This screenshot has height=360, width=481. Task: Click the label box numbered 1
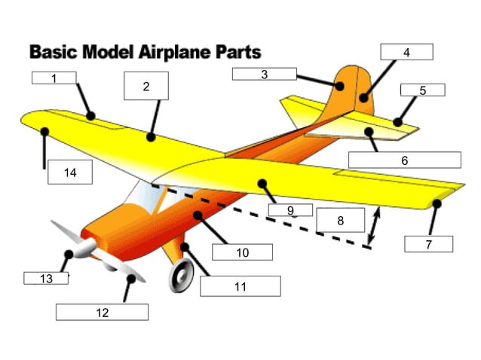coord(54,78)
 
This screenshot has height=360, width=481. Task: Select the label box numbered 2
coord(146,86)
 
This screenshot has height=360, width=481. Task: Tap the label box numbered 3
coord(264,74)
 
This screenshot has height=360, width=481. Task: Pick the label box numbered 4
coord(406,52)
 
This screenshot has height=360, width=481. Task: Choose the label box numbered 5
coord(422,90)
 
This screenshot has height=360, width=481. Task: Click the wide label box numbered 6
coord(404,160)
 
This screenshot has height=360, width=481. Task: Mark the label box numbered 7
coord(428,244)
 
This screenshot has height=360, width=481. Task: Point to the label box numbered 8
coord(340,221)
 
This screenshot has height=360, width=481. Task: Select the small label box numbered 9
coord(290,210)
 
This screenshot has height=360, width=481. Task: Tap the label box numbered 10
coord(242,252)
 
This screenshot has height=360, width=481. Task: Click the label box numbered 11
coord(240,286)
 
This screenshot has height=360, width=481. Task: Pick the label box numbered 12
coord(102,312)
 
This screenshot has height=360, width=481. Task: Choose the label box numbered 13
coord(46,279)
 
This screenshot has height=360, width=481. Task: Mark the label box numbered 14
coord(70,172)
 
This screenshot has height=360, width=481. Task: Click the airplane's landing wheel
coord(181,276)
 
